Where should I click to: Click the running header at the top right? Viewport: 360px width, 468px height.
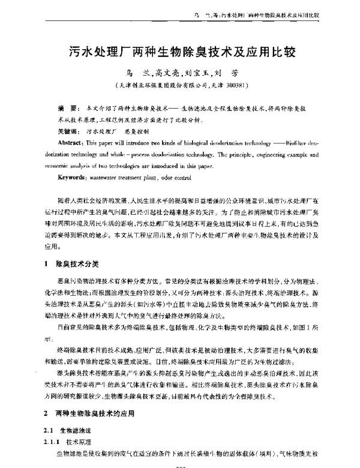(276, 13)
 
